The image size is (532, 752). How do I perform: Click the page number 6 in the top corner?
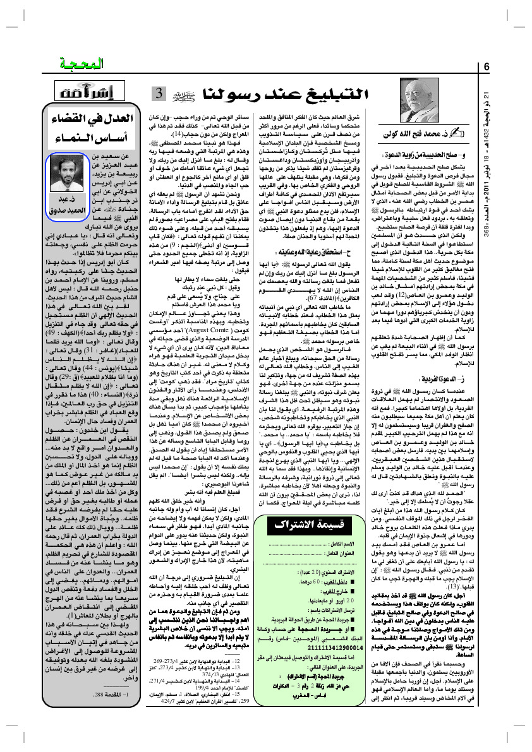tap(487, 67)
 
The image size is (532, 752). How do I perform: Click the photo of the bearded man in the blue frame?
tap(68, 175)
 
